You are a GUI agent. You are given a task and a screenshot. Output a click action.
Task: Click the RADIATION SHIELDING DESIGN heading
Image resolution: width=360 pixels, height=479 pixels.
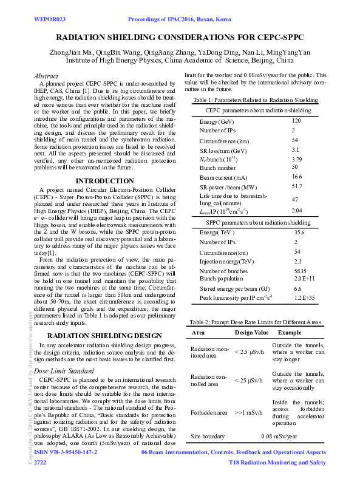[104, 336]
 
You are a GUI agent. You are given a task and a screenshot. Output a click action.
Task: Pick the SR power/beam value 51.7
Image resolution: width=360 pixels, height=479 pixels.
[297, 186]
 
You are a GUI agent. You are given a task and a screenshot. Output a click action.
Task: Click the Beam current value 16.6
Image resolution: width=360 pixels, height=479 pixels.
[297, 175]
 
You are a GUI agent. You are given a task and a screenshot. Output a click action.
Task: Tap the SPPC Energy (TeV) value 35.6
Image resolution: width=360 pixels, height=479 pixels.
[299, 233]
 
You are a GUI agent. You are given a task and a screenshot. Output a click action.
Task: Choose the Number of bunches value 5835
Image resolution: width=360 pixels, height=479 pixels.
[299, 271]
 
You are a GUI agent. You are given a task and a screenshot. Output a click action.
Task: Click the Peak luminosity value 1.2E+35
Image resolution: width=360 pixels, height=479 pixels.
[304, 298]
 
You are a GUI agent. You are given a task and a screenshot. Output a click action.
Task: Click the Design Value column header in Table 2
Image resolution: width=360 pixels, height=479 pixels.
[251, 333]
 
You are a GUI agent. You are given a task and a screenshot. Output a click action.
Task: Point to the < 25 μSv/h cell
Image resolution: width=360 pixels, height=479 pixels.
[248, 380]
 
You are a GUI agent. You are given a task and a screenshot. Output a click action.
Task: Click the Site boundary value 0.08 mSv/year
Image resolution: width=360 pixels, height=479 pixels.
[279, 436]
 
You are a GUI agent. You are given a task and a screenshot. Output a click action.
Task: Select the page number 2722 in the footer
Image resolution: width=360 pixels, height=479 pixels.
[40, 463]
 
